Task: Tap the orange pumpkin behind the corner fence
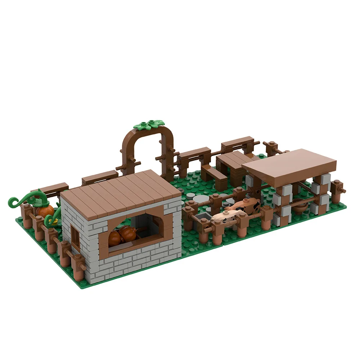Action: point(46,211)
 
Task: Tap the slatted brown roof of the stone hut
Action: point(121,193)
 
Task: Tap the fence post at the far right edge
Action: point(338,191)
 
